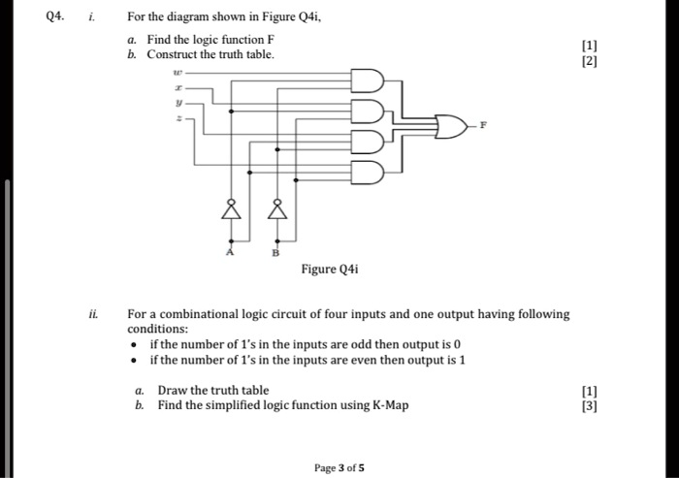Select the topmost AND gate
(x=367, y=79)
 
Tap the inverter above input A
(x=231, y=208)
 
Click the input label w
(x=177, y=71)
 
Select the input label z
(x=177, y=119)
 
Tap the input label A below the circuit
(x=231, y=251)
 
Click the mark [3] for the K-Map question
(x=589, y=405)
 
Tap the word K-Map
(x=390, y=405)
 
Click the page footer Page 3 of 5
(x=339, y=467)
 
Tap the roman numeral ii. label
(x=92, y=314)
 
